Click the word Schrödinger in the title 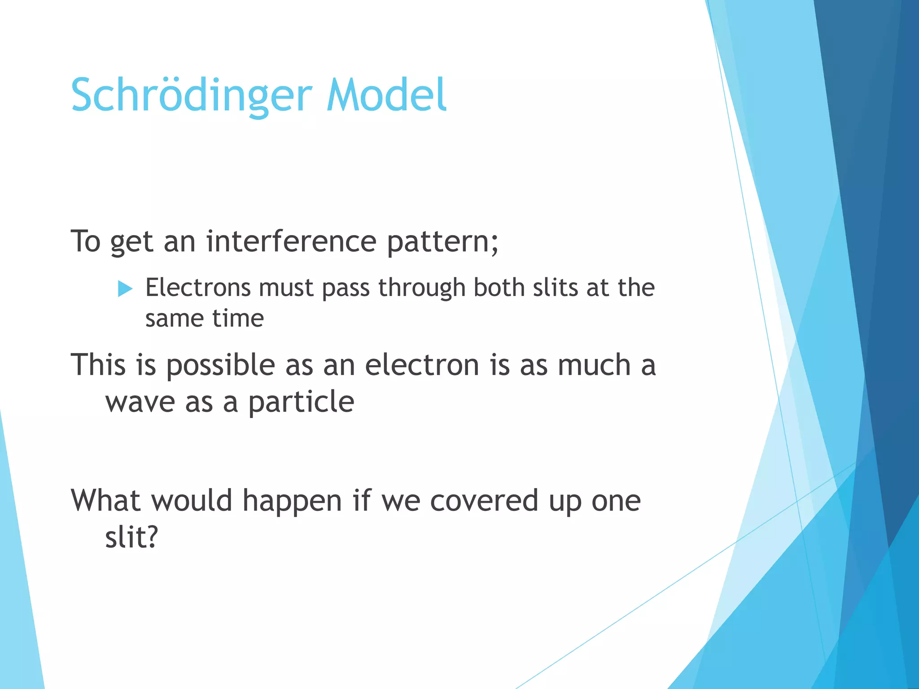191,96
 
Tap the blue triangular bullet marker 125,288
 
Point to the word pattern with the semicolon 442,242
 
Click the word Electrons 198,288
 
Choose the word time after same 238,318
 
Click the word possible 220,366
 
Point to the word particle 301,402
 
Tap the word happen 292,501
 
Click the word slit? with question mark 131,537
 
